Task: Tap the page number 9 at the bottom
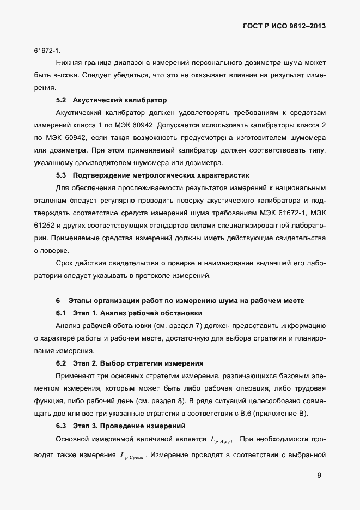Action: [x=319, y=475]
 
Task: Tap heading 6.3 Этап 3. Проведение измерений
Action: [x=121, y=425]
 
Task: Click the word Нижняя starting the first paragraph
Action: [x=70, y=63]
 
